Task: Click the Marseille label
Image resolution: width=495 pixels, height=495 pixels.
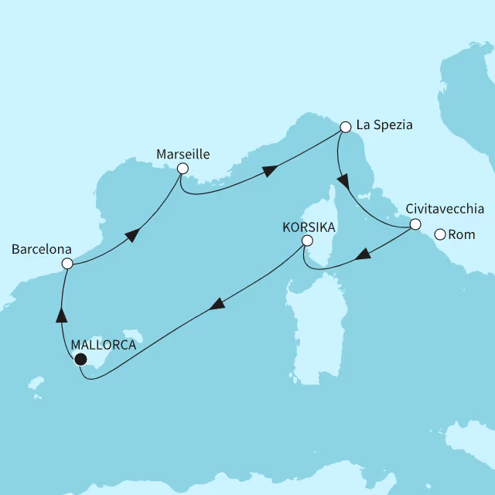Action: (183, 153)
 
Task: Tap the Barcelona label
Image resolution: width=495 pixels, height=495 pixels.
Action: (42, 250)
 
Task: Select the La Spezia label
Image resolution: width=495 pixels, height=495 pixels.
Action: (384, 125)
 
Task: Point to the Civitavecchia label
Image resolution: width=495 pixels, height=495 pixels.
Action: (444, 209)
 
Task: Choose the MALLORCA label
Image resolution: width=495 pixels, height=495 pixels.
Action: (103, 345)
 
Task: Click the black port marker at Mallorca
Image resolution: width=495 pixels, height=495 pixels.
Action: (80, 359)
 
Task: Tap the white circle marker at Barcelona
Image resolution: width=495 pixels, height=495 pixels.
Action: (67, 264)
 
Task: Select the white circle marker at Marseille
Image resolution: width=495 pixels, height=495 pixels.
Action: (183, 168)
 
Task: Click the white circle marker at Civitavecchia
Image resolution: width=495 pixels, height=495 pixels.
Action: (415, 225)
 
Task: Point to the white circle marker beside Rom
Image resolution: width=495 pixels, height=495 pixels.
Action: (440, 234)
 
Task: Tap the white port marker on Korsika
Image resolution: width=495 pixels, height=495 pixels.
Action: (307, 241)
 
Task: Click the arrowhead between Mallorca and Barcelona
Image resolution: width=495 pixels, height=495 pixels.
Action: (60, 314)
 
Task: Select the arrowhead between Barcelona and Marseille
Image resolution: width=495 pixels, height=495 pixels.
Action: (132, 234)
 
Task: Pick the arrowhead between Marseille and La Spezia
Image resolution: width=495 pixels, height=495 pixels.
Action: (271, 172)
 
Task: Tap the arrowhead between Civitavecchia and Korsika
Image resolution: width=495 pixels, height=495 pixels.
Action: (362, 256)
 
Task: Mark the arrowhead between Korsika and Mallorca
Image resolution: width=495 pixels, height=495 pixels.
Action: (217, 305)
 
